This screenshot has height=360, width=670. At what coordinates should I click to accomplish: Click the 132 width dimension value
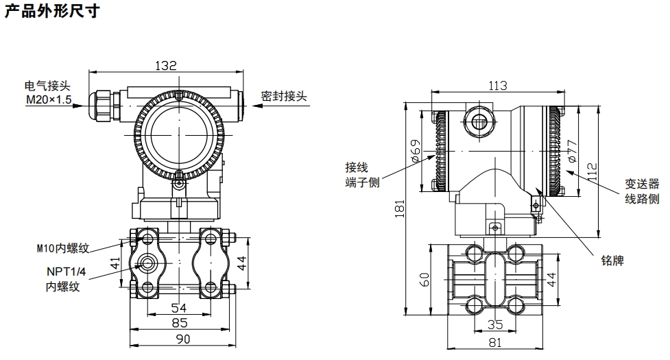(x=165, y=66)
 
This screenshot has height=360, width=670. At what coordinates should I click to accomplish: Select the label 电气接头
(x=47, y=86)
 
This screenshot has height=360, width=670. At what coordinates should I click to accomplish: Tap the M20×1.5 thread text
(x=49, y=100)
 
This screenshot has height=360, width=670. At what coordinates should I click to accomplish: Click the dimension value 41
(x=116, y=263)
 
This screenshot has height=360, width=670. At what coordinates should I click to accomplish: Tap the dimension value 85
(x=180, y=323)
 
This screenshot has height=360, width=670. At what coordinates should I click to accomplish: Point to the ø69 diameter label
(x=416, y=150)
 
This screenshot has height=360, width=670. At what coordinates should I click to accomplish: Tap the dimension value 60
(x=424, y=280)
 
